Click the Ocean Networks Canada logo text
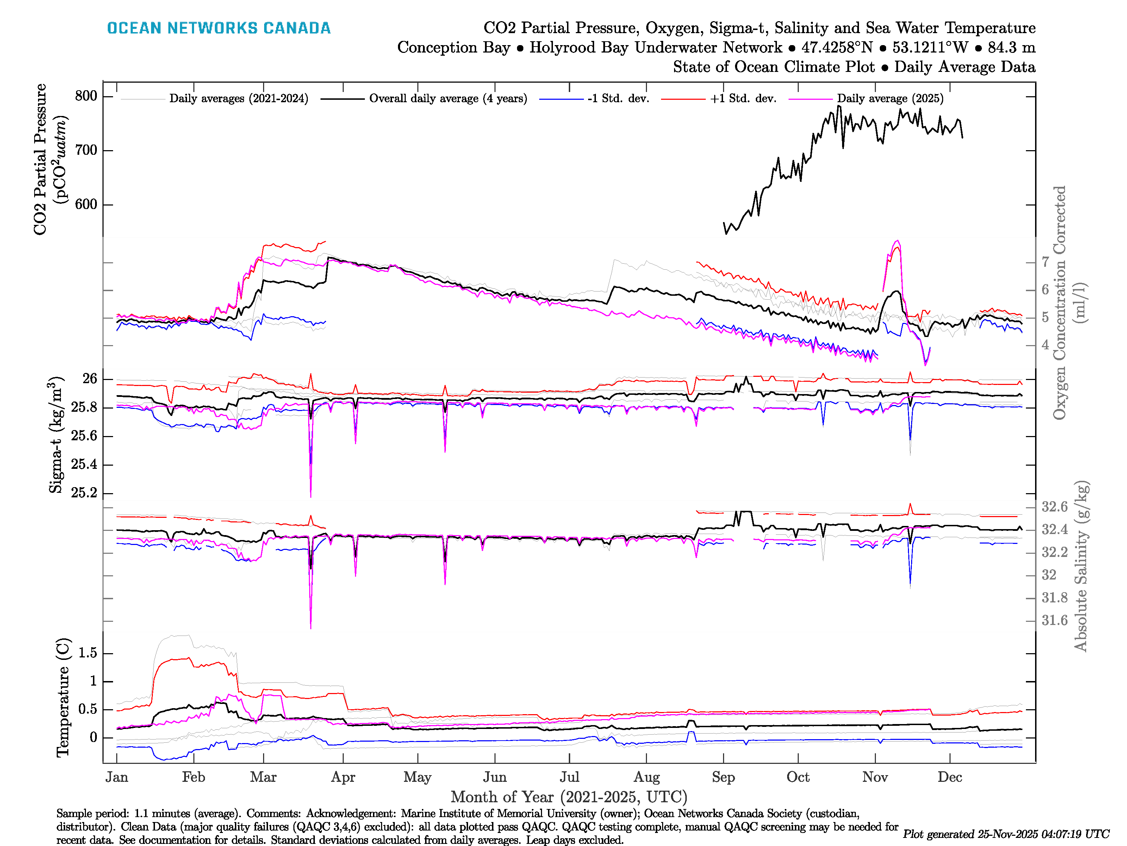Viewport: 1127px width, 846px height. (x=219, y=28)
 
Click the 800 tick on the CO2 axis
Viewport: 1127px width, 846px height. (x=86, y=96)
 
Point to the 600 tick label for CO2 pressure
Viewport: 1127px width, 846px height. (x=86, y=204)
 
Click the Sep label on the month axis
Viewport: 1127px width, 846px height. (x=723, y=777)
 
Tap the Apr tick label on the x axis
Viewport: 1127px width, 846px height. (x=343, y=777)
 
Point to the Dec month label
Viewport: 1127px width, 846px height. (x=950, y=777)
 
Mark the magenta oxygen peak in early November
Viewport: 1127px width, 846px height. (x=897, y=241)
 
